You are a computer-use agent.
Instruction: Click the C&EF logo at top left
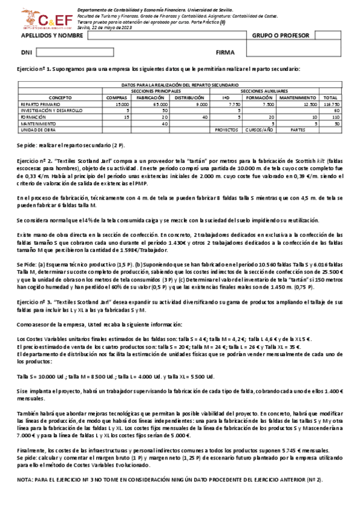[37, 19]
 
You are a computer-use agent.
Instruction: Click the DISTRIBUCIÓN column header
[189, 97]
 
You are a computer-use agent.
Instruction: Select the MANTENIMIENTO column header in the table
[297, 97]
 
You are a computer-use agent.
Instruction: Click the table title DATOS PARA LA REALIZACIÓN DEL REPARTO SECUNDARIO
[180, 85]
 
